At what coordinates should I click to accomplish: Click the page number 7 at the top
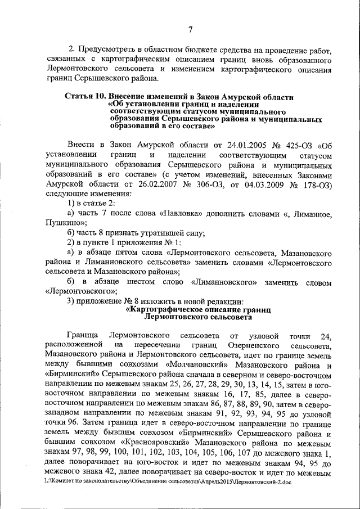pyautogui.click(x=191, y=30)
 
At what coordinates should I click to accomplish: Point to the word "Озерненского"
pyautogui.click(x=254, y=344)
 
